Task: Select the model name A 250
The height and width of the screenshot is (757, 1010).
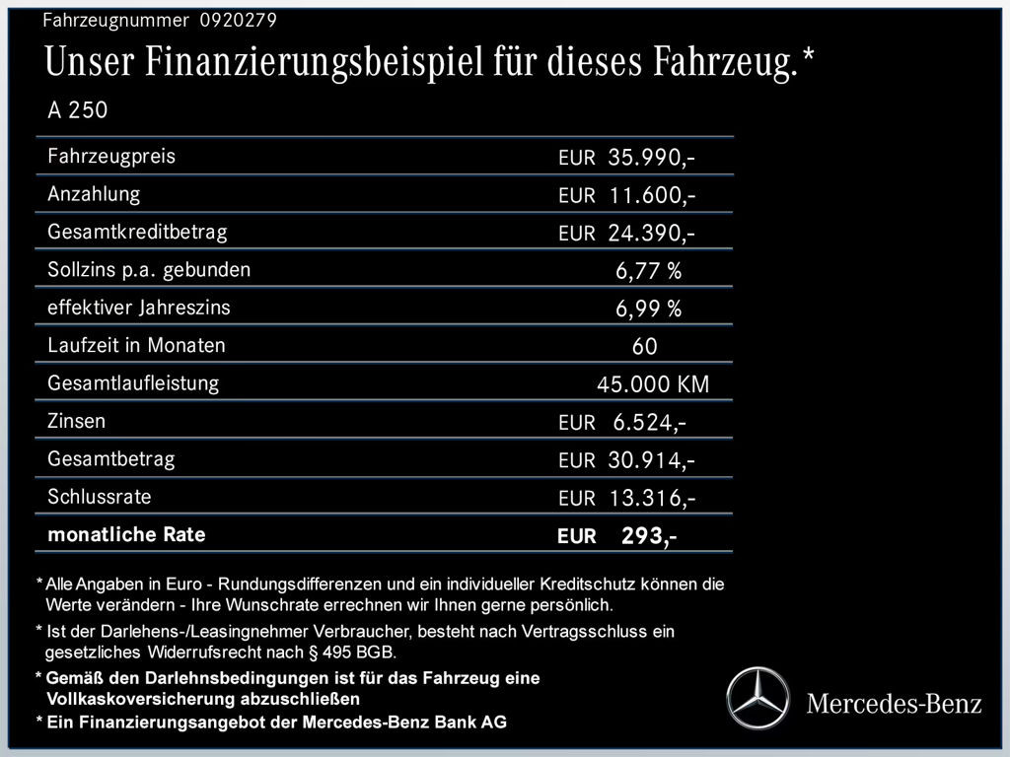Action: click(x=78, y=110)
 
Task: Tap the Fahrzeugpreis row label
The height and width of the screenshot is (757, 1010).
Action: click(x=111, y=156)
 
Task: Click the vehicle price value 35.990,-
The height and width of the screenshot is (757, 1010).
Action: click(x=652, y=157)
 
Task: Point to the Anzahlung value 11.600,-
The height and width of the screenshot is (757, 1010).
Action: click(x=652, y=195)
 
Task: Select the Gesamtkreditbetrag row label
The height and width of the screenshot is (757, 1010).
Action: click(x=137, y=232)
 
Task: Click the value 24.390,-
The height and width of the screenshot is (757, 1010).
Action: click(x=652, y=234)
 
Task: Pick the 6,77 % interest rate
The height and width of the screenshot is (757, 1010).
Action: click(x=648, y=271)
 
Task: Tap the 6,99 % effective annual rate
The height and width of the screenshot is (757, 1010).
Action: click(x=648, y=310)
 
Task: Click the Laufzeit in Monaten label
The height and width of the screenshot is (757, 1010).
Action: click(x=136, y=345)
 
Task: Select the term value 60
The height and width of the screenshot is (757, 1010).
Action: click(x=645, y=347)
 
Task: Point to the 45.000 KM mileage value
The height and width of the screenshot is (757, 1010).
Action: click(x=652, y=384)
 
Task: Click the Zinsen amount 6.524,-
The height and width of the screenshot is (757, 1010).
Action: click(x=649, y=423)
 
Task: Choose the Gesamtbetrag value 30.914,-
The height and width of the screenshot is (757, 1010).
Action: click(x=652, y=460)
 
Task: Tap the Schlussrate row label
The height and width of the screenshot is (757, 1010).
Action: click(x=100, y=497)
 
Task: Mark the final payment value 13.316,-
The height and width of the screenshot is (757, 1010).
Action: click(x=652, y=499)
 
